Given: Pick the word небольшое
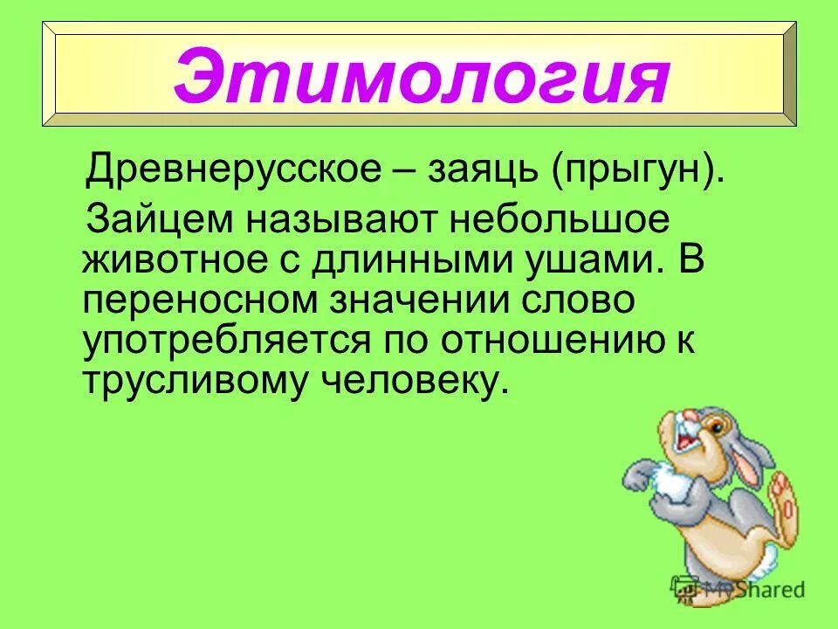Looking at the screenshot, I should pyautogui.click(x=560, y=219).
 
